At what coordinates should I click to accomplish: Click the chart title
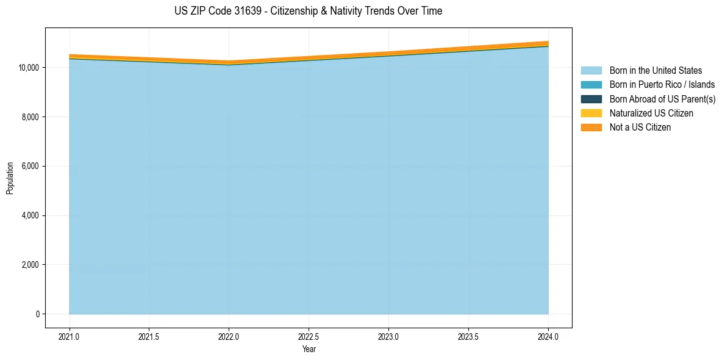click(308, 11)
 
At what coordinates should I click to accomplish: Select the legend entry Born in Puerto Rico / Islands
click(662, 85)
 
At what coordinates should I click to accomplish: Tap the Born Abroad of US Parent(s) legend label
click(662, 99)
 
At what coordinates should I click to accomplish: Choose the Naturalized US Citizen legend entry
click(651, 113)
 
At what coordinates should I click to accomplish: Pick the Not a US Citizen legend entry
click(640, 128)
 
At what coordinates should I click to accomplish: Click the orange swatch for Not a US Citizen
click(591, 128)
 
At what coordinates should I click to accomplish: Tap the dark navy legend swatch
click(591, 99)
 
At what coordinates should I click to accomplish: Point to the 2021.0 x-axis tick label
click(69, 336)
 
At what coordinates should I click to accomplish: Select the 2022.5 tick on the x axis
click(309, 336)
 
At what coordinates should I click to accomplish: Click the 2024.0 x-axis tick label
click(548, 336)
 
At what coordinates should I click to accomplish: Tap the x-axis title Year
click(309, 349)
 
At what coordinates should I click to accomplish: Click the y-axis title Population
click(10, 178)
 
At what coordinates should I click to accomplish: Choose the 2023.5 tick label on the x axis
click(468, 336)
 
